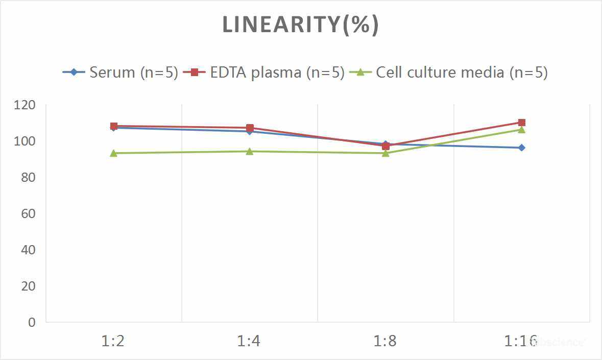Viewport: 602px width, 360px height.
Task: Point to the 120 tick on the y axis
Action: tap(26, 105)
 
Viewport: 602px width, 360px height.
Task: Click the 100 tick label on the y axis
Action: tap(26, 141)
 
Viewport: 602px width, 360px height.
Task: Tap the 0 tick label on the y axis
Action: tap(32, 322)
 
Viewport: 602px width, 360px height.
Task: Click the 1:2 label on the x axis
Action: tap(113, 341)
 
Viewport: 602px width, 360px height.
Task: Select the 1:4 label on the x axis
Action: tap(249, 341)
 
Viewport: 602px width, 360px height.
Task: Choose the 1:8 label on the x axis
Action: tap(385, 341)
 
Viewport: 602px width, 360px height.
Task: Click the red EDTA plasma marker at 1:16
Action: tap(521, 123)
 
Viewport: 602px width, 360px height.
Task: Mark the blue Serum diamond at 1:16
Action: tap(521, 148)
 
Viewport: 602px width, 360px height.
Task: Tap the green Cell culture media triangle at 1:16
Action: tap(521, 130)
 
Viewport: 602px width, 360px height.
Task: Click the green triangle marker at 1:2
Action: tap(113, 153)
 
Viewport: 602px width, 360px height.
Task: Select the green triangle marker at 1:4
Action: tap(249, 151)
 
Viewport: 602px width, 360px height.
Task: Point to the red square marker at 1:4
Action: tap(250, 128)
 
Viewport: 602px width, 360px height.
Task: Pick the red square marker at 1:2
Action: tap(114, 126)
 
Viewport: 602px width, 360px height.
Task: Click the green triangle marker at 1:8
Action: tap(386, 153)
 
